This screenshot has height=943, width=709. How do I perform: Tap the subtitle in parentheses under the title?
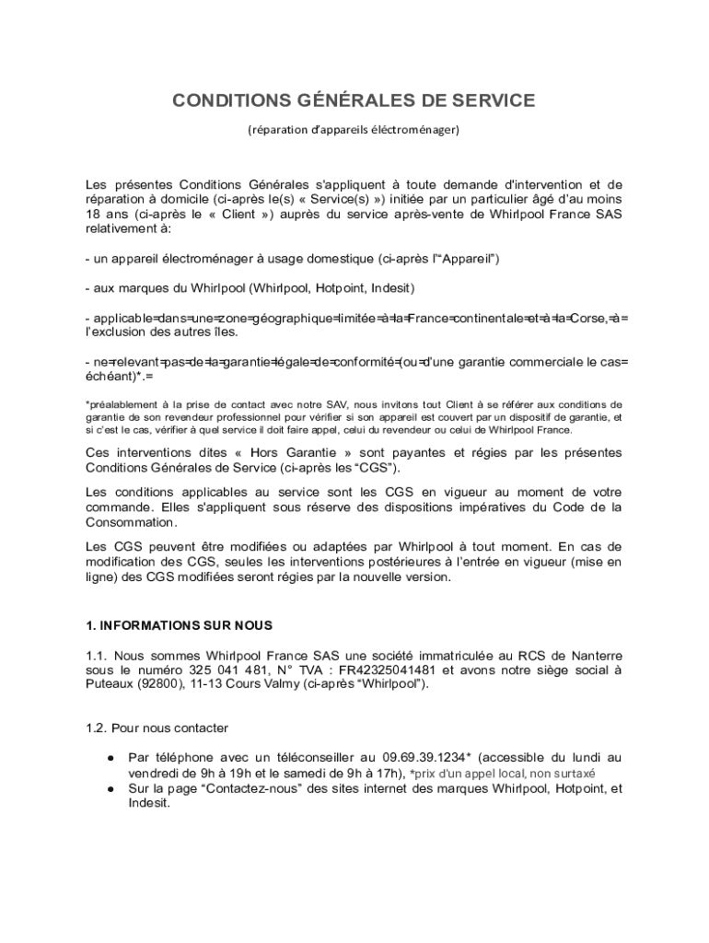pos(354,130)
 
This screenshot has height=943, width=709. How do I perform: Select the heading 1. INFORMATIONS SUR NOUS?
pos(179,625)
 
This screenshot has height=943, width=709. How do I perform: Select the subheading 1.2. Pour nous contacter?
pos(157,728)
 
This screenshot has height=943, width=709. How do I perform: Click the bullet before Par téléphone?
pos(110,758)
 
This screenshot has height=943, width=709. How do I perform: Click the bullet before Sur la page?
pos(110,789)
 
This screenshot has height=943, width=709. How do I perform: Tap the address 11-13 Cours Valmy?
pos(240,684)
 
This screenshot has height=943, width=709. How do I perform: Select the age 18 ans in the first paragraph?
pos(105,214)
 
